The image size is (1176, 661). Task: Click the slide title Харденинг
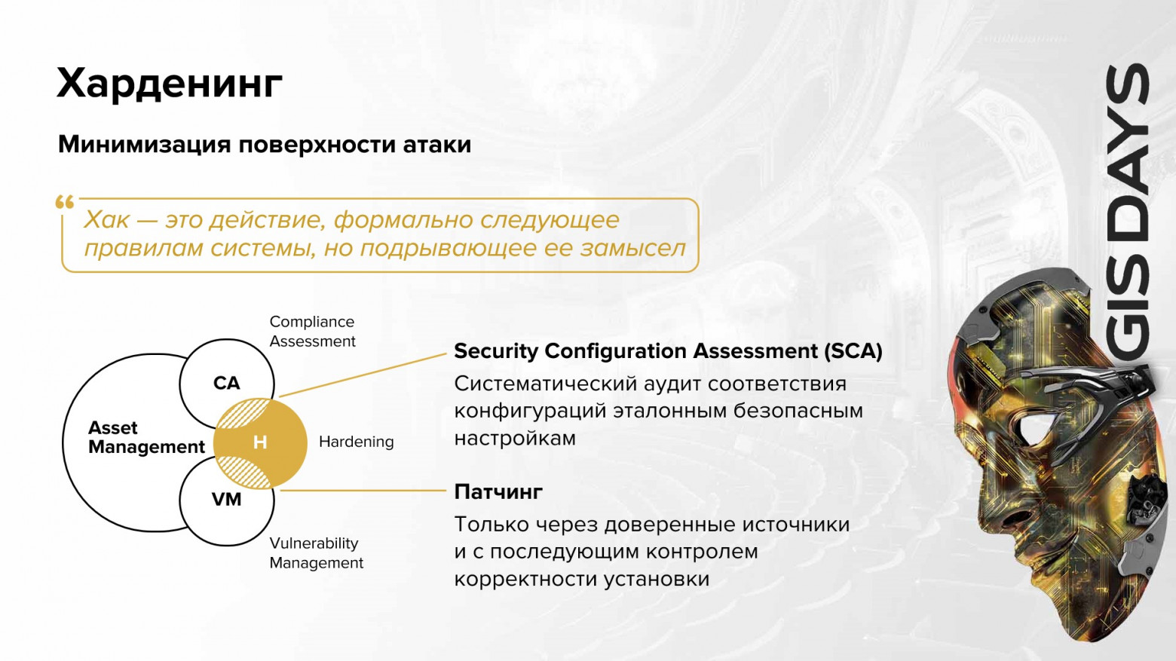[170, 83]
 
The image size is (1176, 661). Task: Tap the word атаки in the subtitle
[436, 144]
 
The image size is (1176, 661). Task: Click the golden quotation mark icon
[65, 202]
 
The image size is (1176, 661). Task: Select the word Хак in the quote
[106, 219]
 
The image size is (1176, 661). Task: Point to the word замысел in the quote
[632, 248]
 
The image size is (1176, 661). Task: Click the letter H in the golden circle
[260, 442]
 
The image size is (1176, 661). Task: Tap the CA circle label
[226, 383]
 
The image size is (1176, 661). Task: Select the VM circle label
[226, 500]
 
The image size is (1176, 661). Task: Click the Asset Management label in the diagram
[145, 437]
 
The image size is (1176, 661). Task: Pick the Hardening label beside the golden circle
[356, 442]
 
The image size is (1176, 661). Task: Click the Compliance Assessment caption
[312, 332]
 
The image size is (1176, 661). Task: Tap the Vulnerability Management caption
[316, 553]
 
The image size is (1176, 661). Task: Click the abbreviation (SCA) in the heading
[853, 351]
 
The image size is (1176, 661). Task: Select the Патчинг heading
[498, 492]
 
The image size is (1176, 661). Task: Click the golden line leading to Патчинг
[362, 491]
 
